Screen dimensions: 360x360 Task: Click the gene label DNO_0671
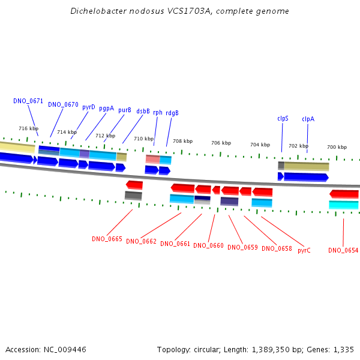[28, 101]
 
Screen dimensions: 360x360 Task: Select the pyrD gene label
[89, 107]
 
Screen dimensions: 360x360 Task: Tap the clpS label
[283, 118]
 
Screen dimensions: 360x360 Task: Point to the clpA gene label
[308, 119]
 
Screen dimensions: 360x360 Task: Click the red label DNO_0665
[107, 239]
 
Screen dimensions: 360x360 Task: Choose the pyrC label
[304, 250]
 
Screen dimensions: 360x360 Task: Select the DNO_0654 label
[343, 250]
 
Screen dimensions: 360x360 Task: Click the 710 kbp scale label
[144, 139]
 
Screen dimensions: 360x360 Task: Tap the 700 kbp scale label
[337, 147]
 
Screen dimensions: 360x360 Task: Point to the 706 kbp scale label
[221, 143]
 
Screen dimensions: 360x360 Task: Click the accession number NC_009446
[65, 350]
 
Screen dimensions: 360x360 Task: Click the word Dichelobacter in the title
[98, 11]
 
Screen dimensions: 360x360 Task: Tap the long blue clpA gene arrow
[306, 177]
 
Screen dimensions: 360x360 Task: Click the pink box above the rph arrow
[152, 159]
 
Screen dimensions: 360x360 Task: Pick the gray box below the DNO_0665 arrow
[133, 196]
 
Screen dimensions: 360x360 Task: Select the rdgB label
[172, 113]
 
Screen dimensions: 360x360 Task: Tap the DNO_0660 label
[208, 245]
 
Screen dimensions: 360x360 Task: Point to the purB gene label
[125, 110]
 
